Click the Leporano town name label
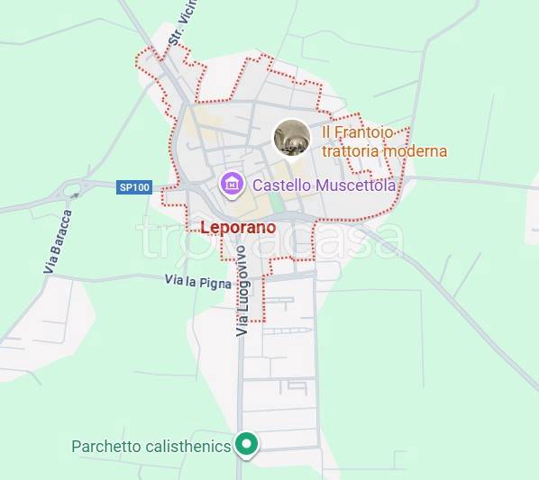point(238,228)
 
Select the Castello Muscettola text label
point(324,186)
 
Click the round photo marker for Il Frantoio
point(292,137)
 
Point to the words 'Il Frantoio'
point(357,133)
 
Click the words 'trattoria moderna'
point(384,151)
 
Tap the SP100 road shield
point(134,187)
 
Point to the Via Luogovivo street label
point(242,295)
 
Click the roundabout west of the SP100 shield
point(73,193)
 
